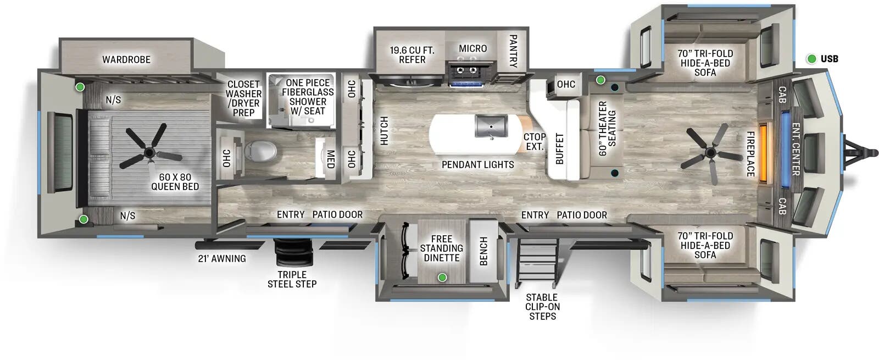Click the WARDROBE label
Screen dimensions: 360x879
126,59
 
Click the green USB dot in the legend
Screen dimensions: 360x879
811,59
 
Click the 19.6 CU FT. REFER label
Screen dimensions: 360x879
412,54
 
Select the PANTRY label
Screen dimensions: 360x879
513,51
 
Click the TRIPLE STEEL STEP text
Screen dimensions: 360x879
292,279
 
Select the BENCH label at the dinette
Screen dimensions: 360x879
483,251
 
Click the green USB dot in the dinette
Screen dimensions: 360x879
442,278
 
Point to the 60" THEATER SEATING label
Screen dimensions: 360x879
607,128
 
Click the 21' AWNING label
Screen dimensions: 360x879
222,258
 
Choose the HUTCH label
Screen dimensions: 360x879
384,131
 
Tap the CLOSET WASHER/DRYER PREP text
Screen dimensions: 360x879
243,98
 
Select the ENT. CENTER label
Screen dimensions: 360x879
795,149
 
